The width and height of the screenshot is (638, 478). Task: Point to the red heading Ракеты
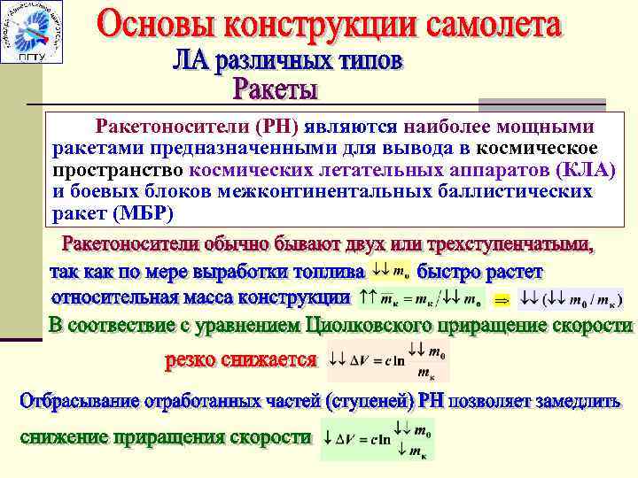(x=276, y=89)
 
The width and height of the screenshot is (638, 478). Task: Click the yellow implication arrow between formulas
(x=502, y=299)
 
